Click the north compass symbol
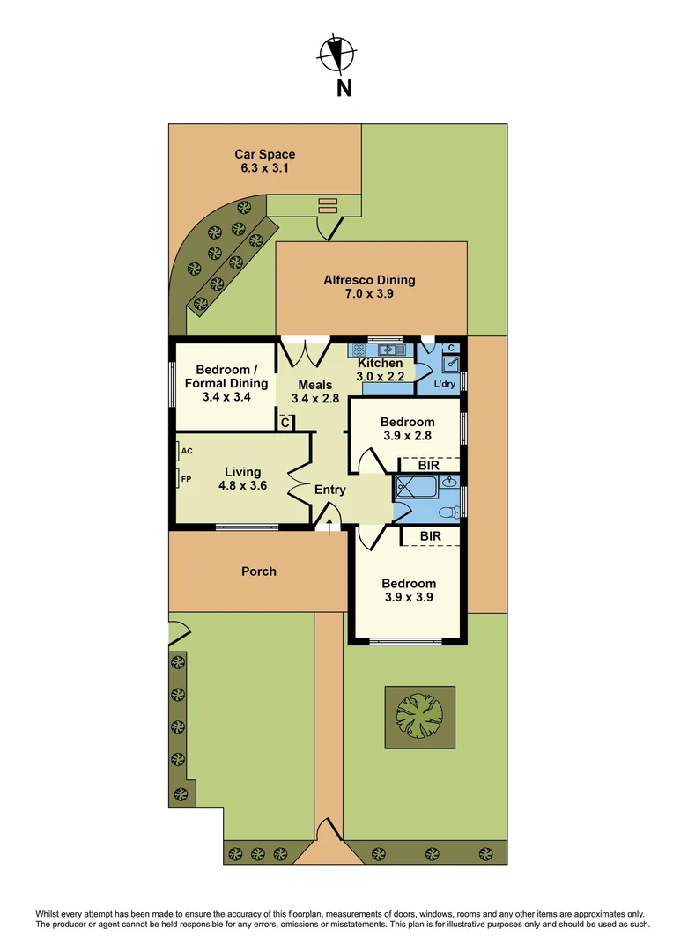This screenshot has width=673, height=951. (x=335, y=55)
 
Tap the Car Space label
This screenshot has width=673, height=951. (x=264, y=154)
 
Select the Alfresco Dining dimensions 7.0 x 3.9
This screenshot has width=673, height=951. (x=369, y=295)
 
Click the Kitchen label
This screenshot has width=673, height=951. (x=380, y=363)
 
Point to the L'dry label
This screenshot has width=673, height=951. (x=446, y=385)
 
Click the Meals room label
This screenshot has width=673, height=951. (x=314, y=385)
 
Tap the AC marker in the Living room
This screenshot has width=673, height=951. (x=187, y=451)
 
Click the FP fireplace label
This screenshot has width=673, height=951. (x=186, y=479)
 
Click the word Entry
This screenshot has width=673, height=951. (x=330, y=490)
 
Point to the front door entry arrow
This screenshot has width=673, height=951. (x=329, y=526)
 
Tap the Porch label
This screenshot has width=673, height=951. (x=259, y=571)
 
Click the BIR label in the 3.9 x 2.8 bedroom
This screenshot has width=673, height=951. (x=430, y=464)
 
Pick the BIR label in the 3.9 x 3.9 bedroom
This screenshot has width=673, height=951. (x=430, y=535)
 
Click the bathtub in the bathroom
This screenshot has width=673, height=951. (x=414, y=487)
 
